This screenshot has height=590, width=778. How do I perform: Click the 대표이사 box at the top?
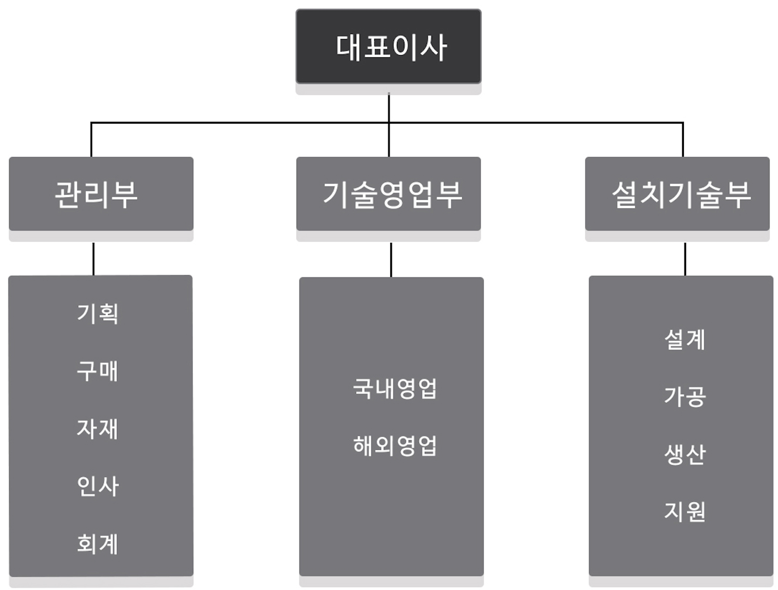coord(388,47)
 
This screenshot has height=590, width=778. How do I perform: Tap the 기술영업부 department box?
coord(388,194)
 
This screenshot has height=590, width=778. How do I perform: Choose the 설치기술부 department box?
coord(677,194)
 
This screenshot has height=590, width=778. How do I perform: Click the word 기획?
coord(98,313)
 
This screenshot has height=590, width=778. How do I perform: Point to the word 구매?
coord(98,371)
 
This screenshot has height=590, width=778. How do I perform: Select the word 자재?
coord(98,428)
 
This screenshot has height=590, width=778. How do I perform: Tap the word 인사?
coord(98,486)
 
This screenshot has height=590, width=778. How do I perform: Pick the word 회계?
coord(98,543)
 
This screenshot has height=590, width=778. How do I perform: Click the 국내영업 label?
coord(395,389)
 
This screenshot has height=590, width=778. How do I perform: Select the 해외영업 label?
coord(395,446)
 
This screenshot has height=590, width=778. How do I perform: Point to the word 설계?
coord(684,339)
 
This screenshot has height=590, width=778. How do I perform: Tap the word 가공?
coord(684,397)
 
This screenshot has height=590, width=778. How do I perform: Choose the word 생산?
coord(684,454)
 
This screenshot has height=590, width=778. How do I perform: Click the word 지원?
coord(684,511)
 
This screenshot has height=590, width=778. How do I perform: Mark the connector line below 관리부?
coord(94,259)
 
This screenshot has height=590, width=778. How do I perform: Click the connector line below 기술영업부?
coord(391,260)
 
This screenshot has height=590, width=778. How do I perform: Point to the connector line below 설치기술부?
coord(685,259)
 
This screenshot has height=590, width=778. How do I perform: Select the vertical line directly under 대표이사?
coord(389,108)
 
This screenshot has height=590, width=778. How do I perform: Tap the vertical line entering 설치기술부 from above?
coord(683,140)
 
